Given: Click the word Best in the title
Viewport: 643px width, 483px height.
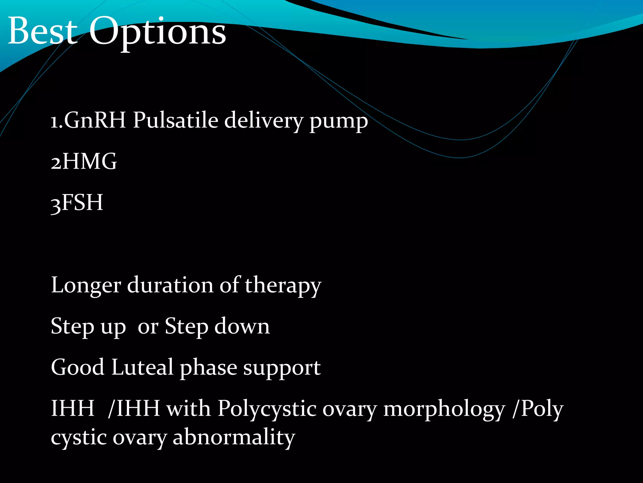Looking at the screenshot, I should [x=42, y=31].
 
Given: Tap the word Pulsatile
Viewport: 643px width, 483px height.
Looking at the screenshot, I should [x=176, y=120].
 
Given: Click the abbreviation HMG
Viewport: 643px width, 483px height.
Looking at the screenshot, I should [x=90, y=161].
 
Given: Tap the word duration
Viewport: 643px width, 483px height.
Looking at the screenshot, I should [x=170, y=285].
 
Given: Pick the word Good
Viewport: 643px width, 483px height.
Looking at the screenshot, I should [x=77, y=367].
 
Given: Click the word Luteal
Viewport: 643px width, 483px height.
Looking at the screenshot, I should [x=142, y=367].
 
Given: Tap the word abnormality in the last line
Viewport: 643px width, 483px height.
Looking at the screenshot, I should [x=234, y=437].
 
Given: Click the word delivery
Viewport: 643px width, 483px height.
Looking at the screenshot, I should [x=264, y=121].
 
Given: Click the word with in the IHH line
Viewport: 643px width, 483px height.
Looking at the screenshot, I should [x=188, y=408].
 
